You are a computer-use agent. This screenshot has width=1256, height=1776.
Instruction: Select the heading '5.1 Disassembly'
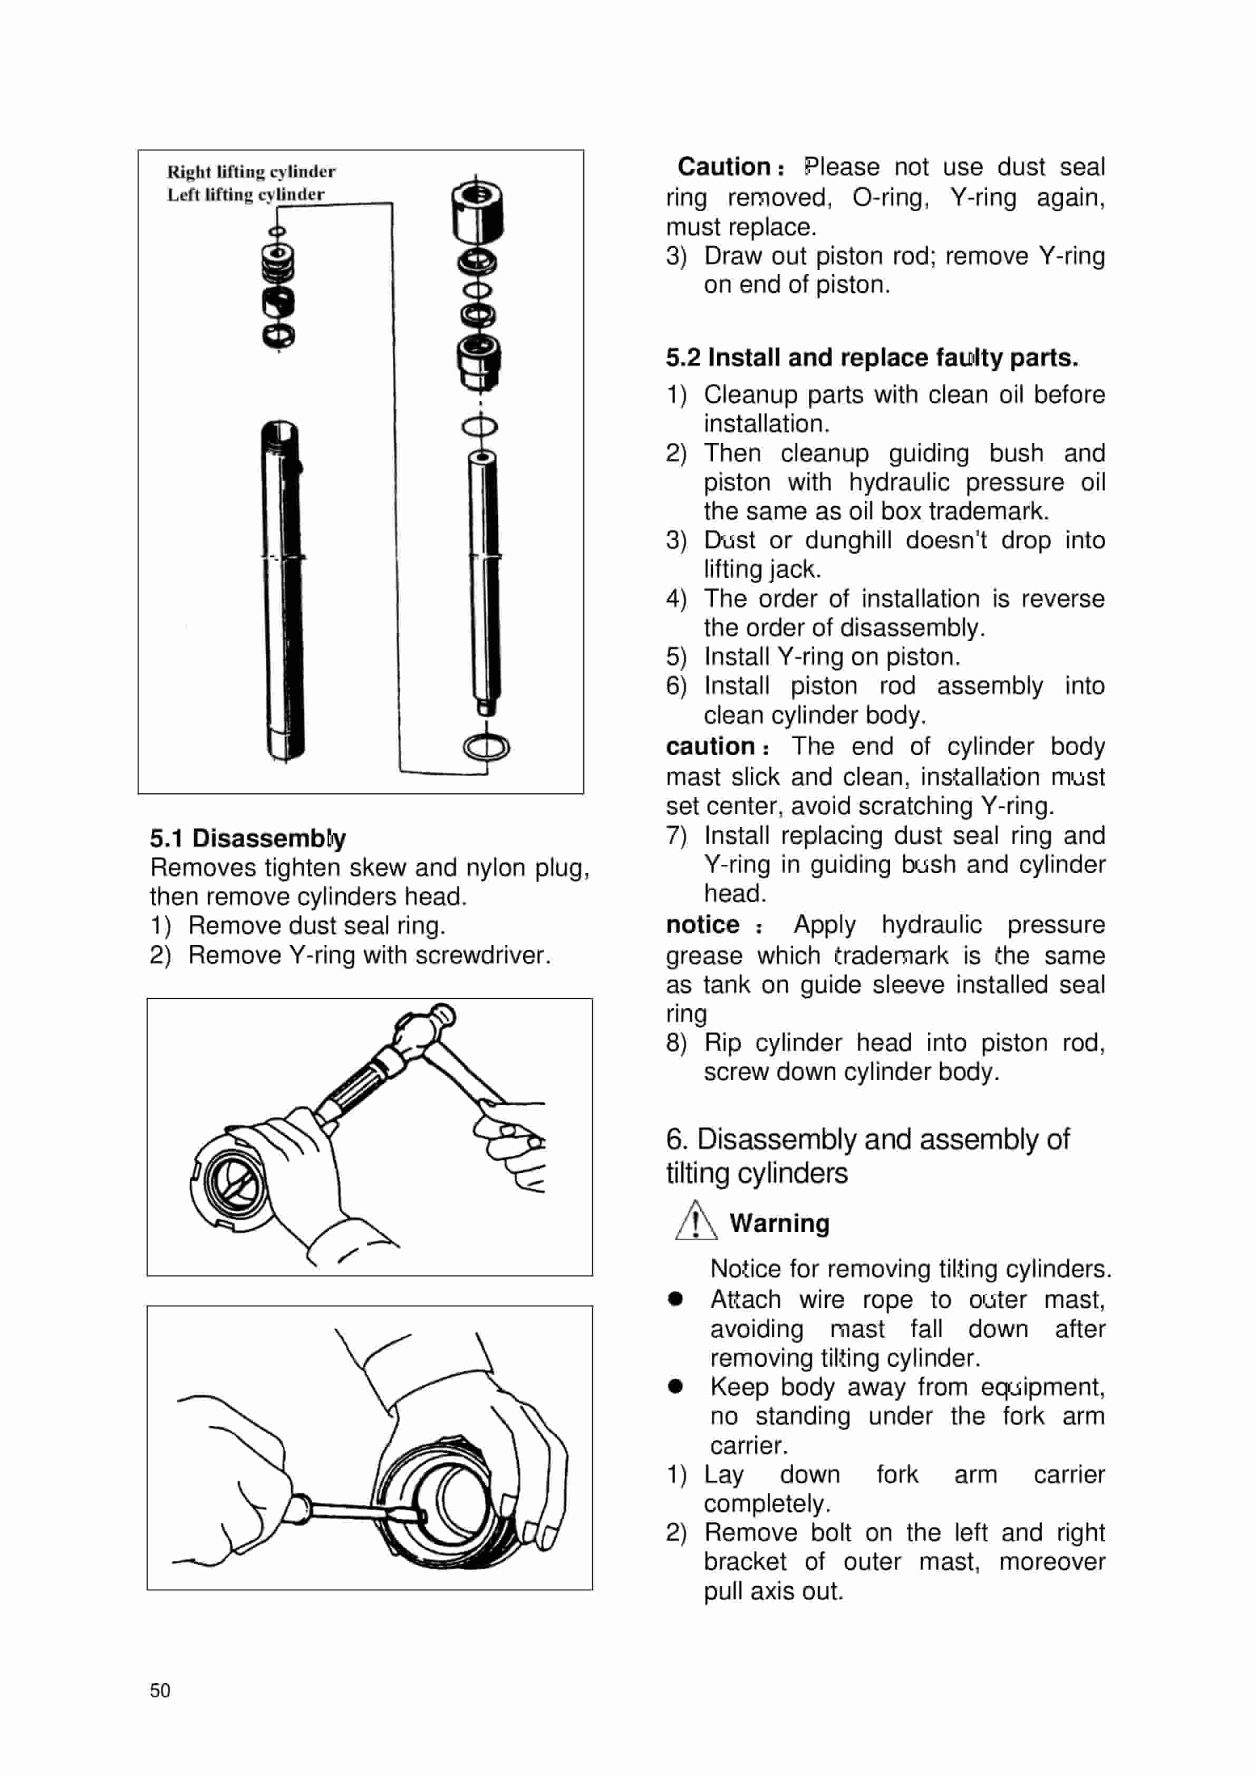(x=247, y=838)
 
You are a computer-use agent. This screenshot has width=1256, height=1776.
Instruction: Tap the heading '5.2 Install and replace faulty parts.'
(x=872, y=358)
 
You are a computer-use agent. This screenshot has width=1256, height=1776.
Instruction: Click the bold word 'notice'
(x=702, y=924)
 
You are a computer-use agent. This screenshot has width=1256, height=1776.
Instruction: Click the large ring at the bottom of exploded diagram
(x=487, y=747)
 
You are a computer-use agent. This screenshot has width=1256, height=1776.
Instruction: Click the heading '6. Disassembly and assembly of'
(x=867, y=1140)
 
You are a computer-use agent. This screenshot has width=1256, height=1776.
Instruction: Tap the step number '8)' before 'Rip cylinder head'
(x=676, y=1043)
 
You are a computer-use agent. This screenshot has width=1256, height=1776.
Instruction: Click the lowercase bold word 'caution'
(x=710, y=747)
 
